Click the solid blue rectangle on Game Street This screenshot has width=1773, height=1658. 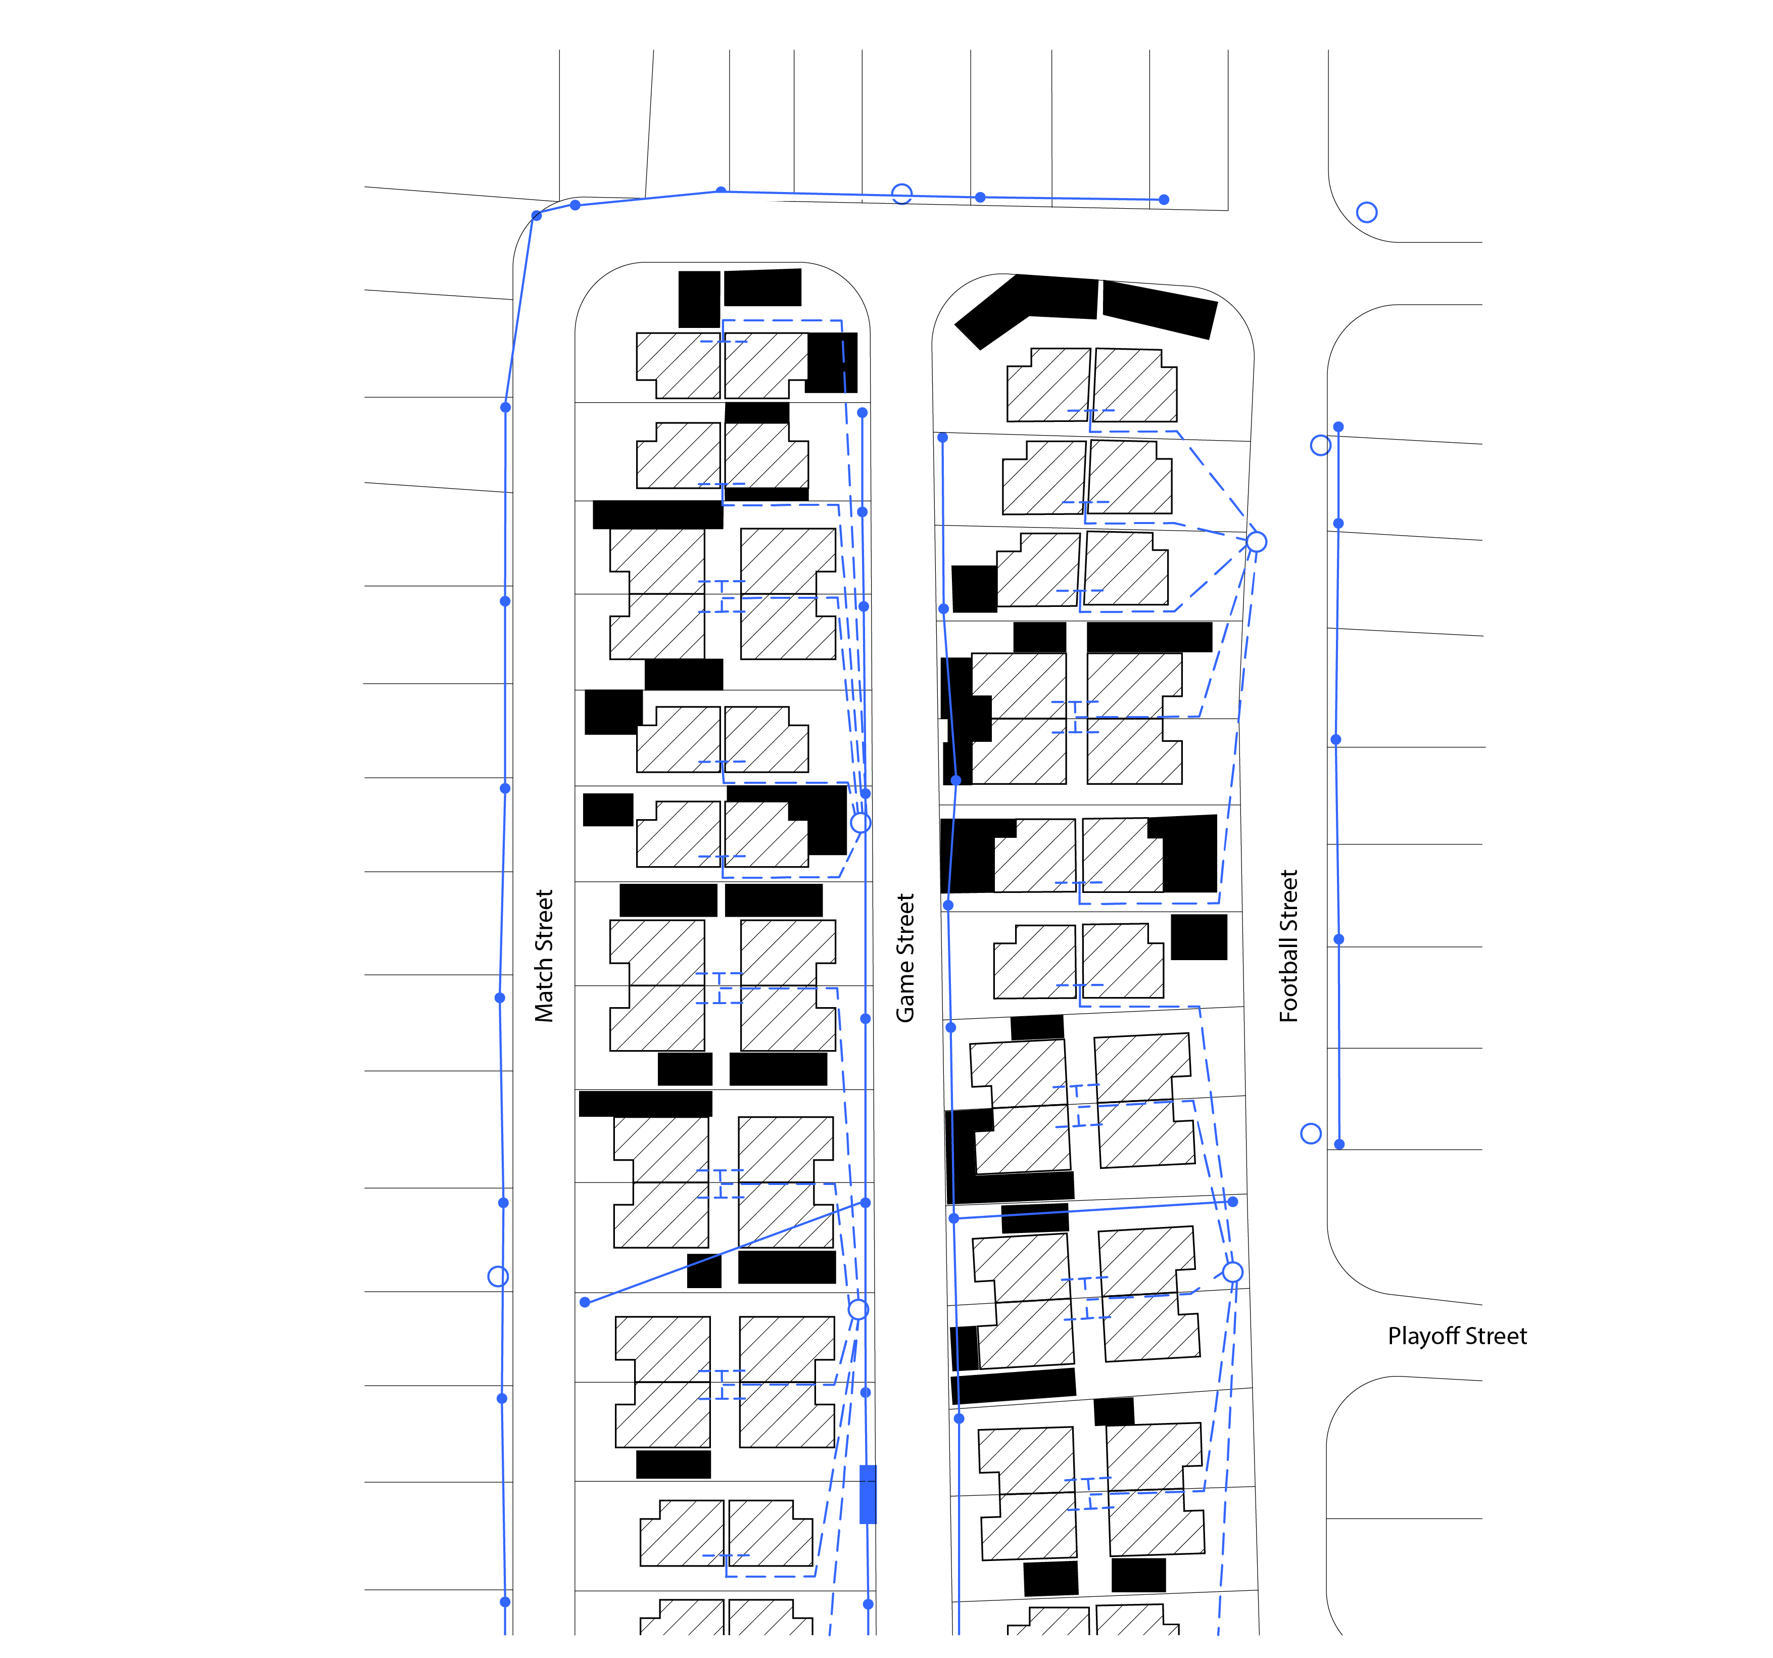pos(868,1494)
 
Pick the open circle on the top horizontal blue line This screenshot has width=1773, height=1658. pos(902,194)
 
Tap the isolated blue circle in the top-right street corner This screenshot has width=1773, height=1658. pos(1366,212)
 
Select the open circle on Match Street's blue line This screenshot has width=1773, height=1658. pos(499,1276)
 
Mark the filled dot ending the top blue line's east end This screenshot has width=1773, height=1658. pos(1164,200)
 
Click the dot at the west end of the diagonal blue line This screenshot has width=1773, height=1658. pos(585,1302)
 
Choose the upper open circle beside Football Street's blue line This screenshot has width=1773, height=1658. pos(1321,445)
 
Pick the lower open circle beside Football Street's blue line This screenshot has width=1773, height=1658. pos(1311,1133)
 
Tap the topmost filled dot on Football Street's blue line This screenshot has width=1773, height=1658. pos(1338,427)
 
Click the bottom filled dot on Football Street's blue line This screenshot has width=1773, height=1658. pos(1338,1144)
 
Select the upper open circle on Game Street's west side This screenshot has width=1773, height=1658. pos(860,822)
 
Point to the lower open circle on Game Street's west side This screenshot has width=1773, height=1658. pos(858,1309)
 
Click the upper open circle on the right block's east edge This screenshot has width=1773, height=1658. pos(1256,541)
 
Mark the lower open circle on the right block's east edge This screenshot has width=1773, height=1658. pos(1232,1272)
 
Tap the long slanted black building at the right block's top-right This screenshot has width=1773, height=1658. pos(1160,309)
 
